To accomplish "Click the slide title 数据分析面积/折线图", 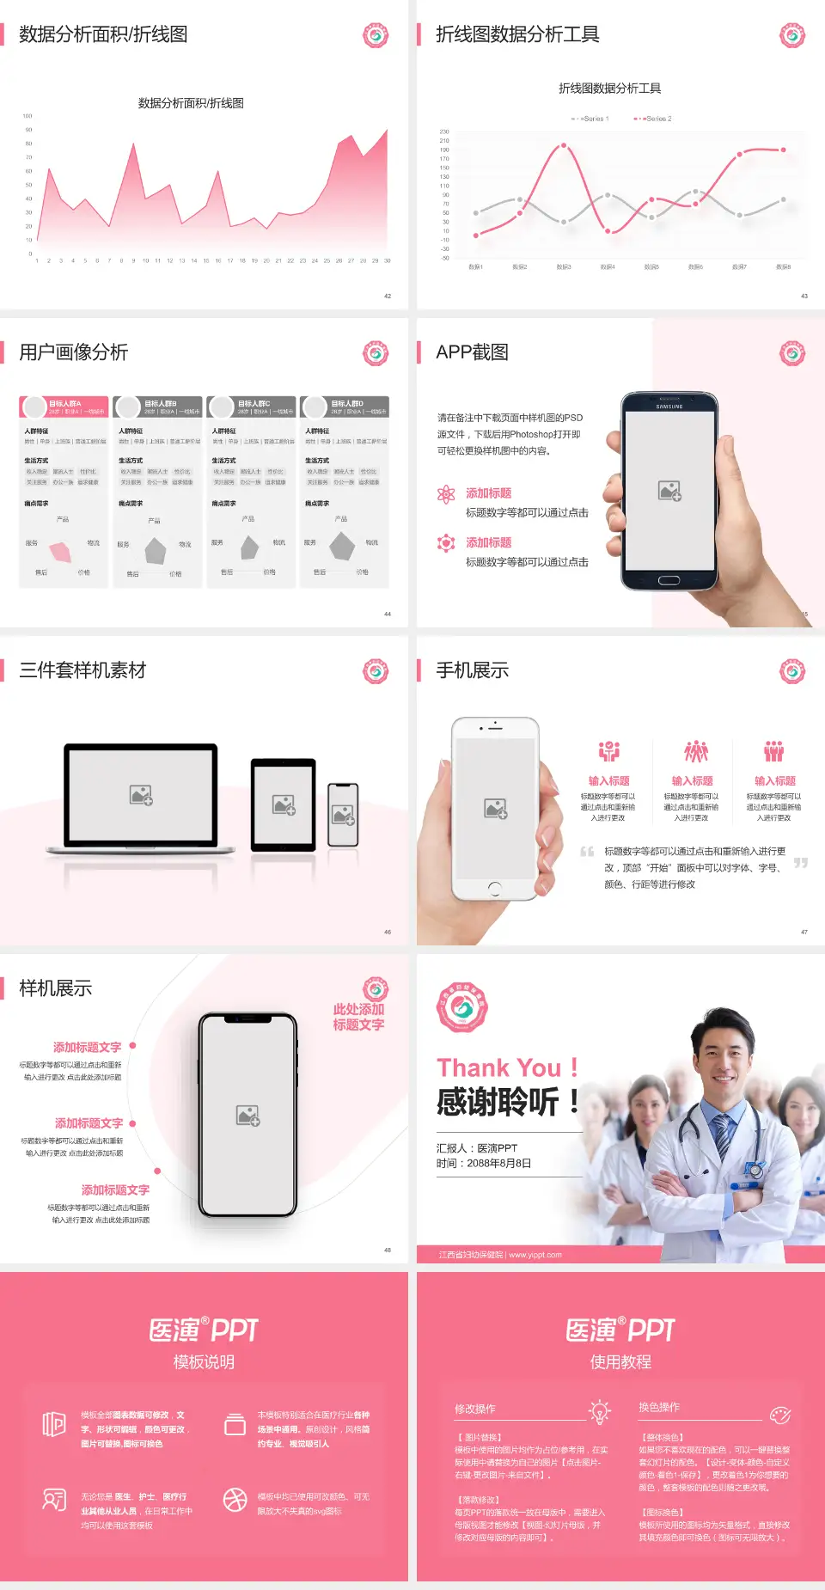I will click(103, 34).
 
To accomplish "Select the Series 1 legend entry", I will click(590, 119).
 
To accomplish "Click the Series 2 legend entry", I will click(654, 119).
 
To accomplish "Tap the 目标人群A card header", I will click(64, 407).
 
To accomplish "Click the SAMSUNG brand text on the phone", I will click(669, 406).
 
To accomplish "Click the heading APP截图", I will click(472, 352).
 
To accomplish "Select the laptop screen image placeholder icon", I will click(141, 795).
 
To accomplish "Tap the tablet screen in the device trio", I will click(284, 804).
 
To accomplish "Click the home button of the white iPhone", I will click(495, 888).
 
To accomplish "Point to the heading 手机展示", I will click(472, 670).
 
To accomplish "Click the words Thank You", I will click(498, 1067).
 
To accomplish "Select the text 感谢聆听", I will click(498, 1102).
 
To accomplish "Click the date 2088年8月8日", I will click(498, 1163).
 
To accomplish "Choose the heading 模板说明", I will click(204, 1361).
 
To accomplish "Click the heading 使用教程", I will click(620, 1361).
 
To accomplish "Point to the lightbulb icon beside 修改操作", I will click(599, 1412).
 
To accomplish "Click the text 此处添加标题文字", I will click(358, 1017).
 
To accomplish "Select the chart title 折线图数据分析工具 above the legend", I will click(609, 89).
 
